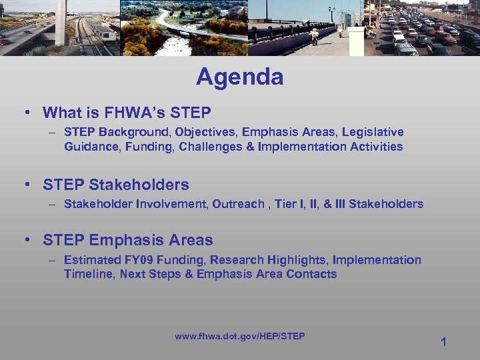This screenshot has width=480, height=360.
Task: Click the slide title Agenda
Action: [x=240, y=77]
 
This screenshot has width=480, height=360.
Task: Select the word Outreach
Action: [x=238, y=204]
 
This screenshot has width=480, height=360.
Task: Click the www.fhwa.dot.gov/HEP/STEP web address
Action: [x=240, y=336]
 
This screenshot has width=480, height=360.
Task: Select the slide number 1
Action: [x=443, y=342]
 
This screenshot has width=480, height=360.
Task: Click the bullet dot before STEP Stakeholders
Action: [x=30, y=185]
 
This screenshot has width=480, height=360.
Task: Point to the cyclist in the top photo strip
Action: [x=314, y=35]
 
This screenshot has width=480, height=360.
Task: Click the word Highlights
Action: [x=296, y=260]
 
